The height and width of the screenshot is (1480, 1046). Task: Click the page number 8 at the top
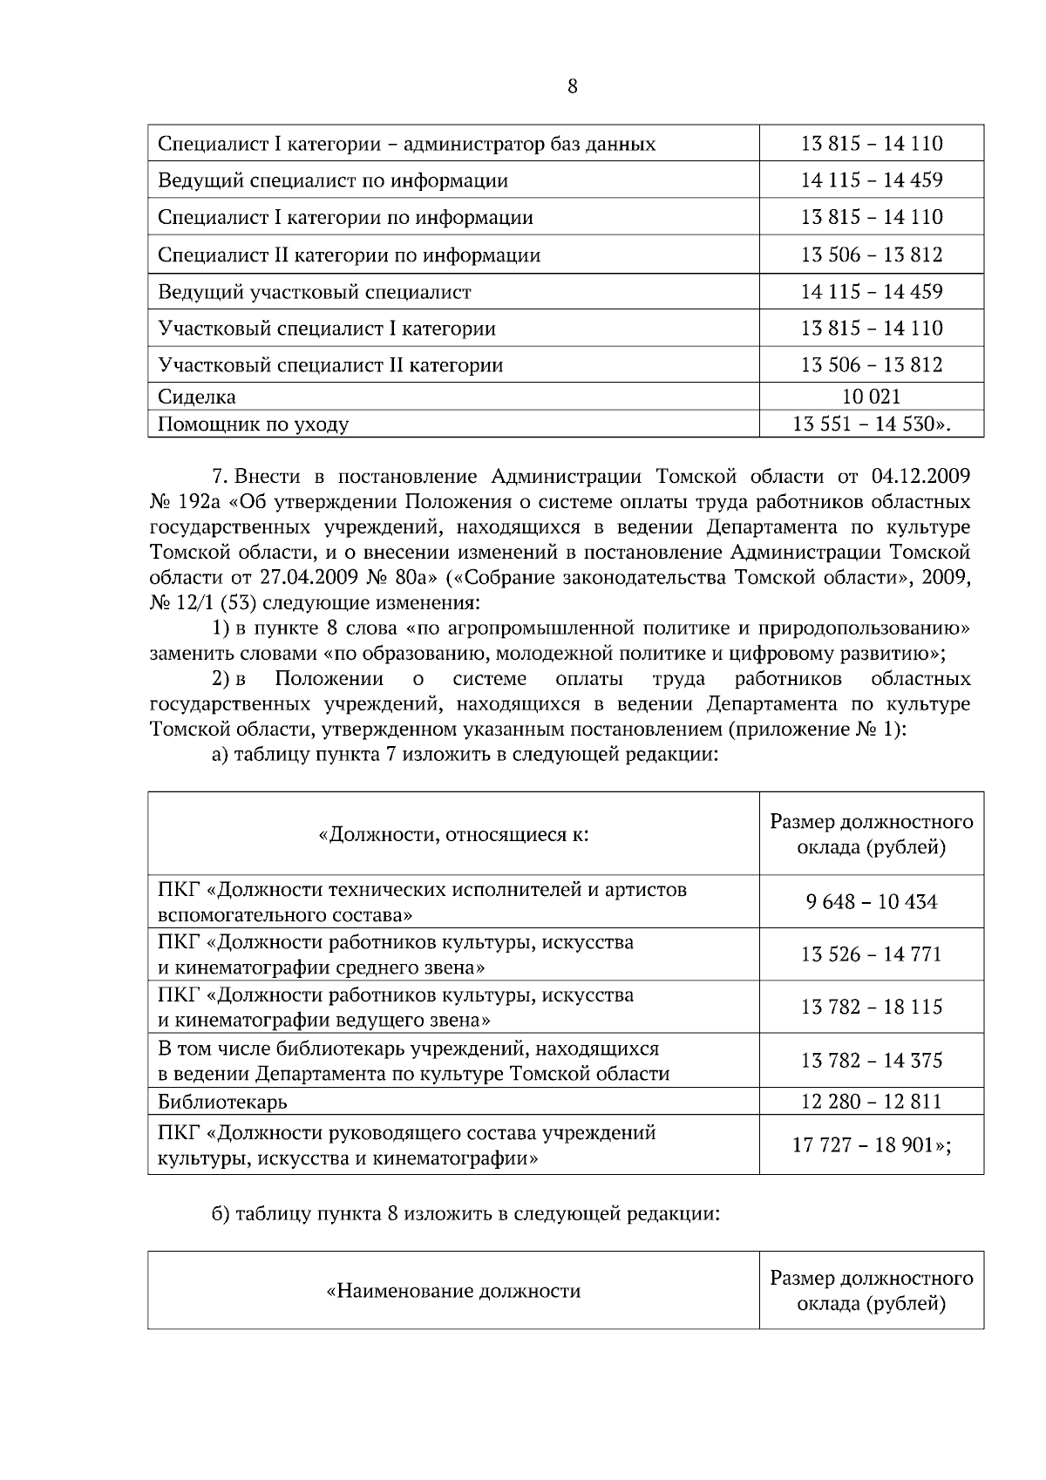click(572, 86)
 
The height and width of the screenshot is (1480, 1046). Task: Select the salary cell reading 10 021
click(871, 397)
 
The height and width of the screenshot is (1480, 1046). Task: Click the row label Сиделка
click(197, 397)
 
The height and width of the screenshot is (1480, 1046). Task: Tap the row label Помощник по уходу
click(253, 424)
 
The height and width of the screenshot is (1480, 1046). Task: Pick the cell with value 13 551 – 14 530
click(871, 424)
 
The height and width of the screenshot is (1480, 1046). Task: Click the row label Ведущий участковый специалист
click(314, 292)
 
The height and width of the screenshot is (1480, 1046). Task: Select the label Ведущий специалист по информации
click(332, 181)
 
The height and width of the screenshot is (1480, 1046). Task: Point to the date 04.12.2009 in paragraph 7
click(920, 476)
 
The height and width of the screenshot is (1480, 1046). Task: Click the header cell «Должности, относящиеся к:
click(453, 835)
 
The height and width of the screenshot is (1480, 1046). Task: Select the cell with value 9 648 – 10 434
click(871, 902)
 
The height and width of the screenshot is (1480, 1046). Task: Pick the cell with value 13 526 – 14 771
click(871, 954)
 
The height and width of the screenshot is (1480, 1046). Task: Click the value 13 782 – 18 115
click(871, 1008)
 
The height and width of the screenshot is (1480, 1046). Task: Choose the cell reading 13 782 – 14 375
click(871, 1061)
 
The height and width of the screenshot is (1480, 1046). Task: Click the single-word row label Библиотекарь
click(222, 1102)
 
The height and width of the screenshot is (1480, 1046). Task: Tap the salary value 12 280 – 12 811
click(871, 1102)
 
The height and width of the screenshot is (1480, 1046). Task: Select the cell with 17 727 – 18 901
click(871, 1145)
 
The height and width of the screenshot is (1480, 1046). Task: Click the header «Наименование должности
click(453, 1291)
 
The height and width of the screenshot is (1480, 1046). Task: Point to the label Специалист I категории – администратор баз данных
click(406, 144)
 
